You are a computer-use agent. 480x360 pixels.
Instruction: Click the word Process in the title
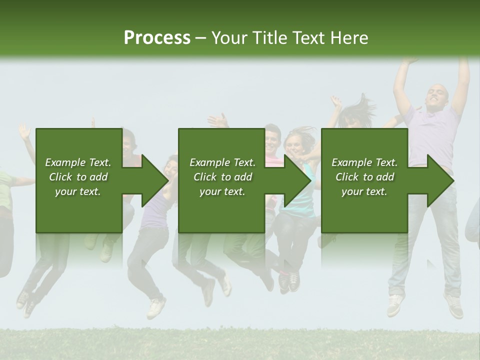(x=157, y=37)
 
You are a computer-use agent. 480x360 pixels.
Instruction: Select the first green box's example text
(x=78, y=177)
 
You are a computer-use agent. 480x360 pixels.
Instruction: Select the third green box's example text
(x=364, y=177)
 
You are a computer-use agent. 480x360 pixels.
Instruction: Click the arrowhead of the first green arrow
(x=155, y=180)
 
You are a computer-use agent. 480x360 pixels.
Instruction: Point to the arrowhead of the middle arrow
(x=298, y=180)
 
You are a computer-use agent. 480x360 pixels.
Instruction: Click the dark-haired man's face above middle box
(x=272, y=139)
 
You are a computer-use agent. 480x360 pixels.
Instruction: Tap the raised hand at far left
(x=24, y=132)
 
